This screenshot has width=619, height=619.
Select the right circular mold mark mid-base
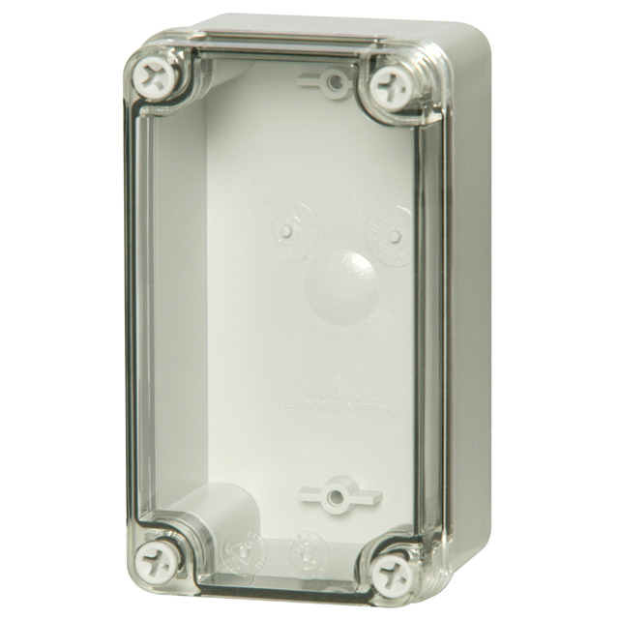(x=391, y=235)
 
